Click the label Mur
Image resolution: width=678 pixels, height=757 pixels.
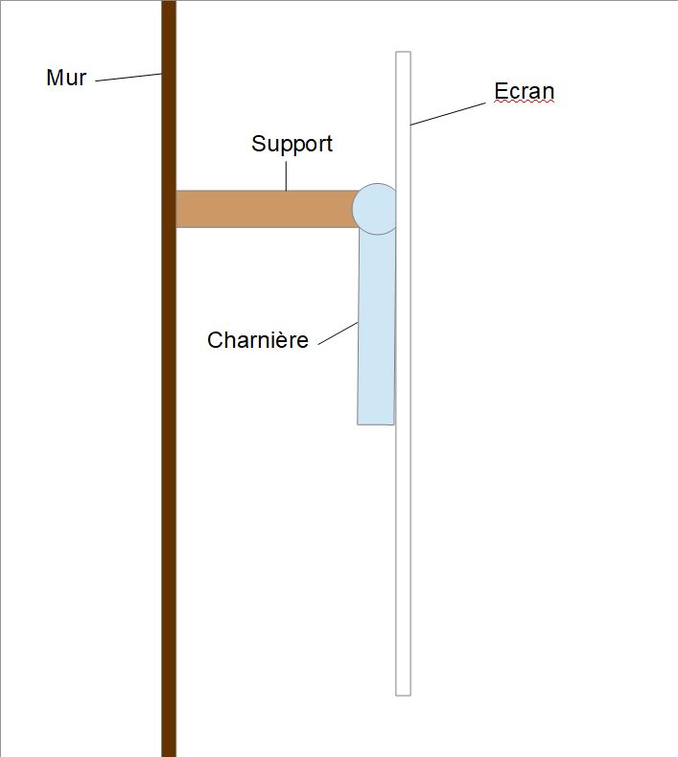66,78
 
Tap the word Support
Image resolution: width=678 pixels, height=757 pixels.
292,144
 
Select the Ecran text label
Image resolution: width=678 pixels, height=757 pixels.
524,92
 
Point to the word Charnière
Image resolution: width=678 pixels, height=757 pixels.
257,340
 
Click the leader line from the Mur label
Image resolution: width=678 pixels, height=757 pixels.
129,78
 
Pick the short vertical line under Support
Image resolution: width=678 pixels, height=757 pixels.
286,175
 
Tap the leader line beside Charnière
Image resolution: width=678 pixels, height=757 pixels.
338,334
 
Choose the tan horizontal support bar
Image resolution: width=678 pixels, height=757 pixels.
264,209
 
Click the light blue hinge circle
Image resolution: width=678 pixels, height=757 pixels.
375,208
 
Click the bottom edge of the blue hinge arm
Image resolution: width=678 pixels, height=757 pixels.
375,423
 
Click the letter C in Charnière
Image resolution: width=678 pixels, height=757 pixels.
215,340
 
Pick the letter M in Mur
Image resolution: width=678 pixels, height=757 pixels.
54,78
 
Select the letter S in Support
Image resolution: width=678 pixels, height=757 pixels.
258,144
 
